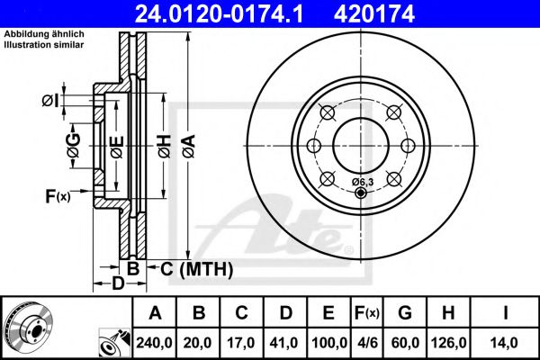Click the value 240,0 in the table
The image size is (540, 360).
(155, 341)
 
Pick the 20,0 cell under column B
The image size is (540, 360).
(199, 341)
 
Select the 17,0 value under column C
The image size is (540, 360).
(242, 341)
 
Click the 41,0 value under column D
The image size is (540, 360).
(285, 341)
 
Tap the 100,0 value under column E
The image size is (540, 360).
(328, 341)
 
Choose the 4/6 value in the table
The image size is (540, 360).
(366, 341)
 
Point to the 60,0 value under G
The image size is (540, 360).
(404, 341)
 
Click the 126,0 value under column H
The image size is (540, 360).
(448, 341)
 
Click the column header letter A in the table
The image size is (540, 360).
(155, 313)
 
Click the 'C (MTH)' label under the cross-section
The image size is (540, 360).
(196, 269)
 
